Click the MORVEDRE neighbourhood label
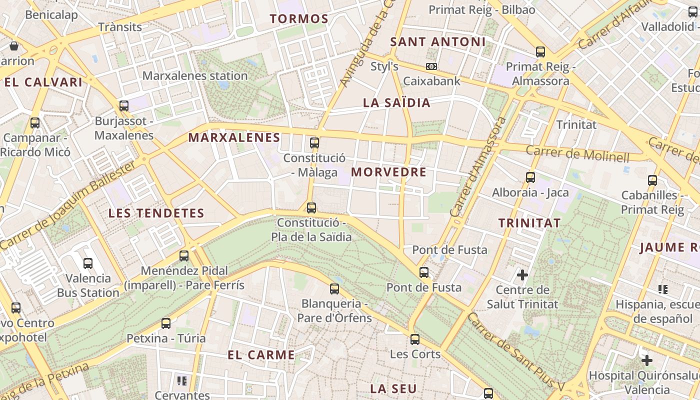(388, 172)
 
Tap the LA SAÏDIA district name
(396, 103)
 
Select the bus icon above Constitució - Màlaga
(314, 143)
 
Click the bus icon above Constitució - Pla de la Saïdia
(311, 207)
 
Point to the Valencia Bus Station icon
(88, 263)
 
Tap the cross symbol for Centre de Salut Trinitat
(522, 274)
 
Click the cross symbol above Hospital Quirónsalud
(647, 360)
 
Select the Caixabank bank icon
(431, 66)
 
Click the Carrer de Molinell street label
(577, 153)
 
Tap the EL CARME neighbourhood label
(261, 355)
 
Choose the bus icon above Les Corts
(415, 339)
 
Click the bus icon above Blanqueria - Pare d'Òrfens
(334, 288)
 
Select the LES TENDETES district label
(156, 213)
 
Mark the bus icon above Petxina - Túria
(166, 323)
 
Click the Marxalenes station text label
(195, 76)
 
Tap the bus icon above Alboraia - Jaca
(530, 177)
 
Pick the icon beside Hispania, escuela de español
(663, 289)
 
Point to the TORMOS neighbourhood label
(299, 19)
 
